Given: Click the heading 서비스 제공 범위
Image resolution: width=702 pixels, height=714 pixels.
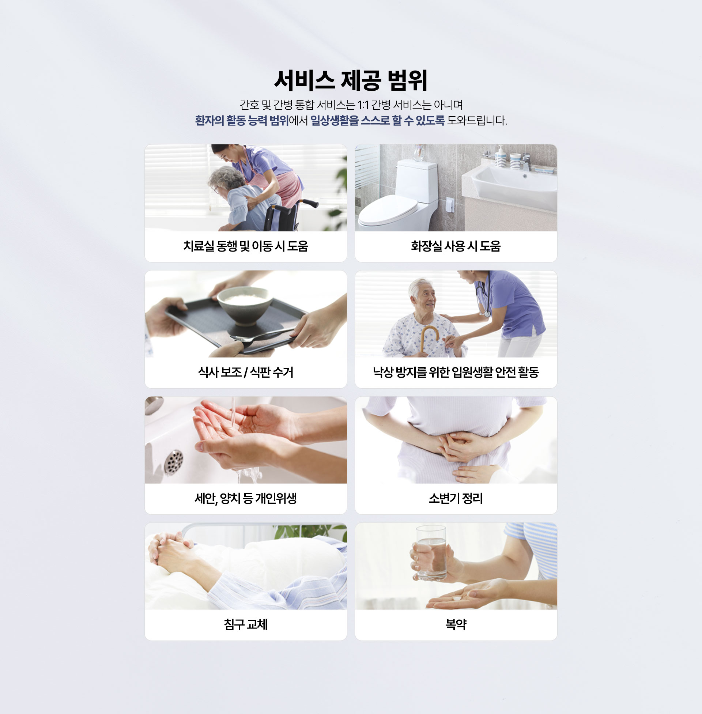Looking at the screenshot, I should tap(351, 80).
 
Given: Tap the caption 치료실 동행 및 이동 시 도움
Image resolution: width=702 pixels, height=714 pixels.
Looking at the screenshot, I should tap(246, 246).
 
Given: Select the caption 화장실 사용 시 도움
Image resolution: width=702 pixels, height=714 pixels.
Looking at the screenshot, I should tap(456, 246).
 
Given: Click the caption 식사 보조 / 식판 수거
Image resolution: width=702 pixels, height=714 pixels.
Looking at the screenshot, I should tap(246, 372).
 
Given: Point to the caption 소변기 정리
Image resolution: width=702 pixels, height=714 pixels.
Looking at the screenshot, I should tap(456, 498).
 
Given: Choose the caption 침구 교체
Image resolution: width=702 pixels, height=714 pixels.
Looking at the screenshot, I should tap(246, 624).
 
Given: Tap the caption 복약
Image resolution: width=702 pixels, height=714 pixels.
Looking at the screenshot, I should tap(456, 624).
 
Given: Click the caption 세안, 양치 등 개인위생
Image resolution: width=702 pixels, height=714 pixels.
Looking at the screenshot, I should tap(246, 498).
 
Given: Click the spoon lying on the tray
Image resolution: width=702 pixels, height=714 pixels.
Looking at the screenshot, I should tap(258, 336).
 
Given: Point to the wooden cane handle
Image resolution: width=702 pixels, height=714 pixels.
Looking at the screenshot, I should tap(430, 333).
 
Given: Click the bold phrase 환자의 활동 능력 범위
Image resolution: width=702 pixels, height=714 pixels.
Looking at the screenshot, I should tap(242, 121).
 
